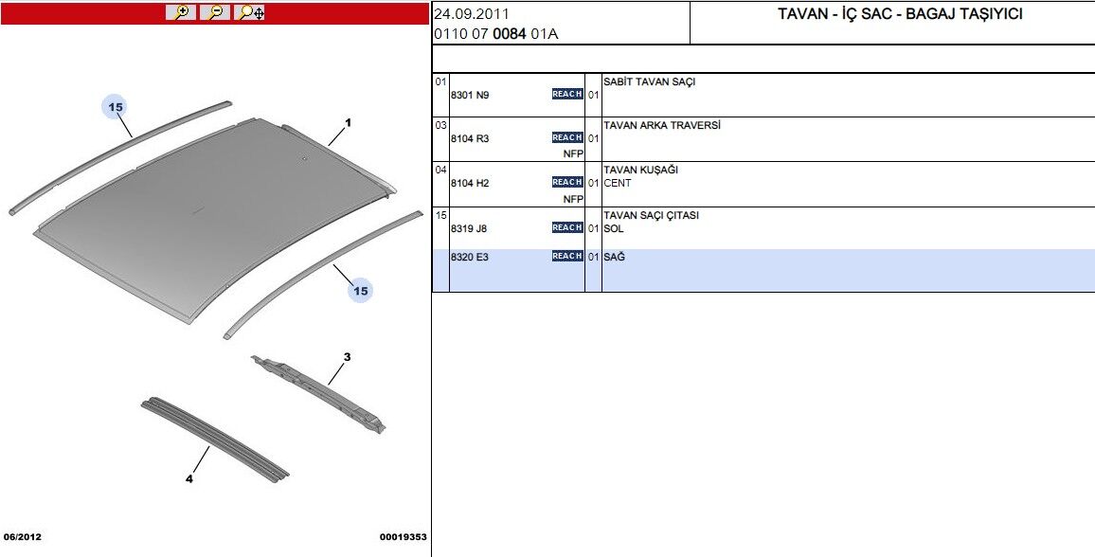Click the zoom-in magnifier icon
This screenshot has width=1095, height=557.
(x=180, y=12)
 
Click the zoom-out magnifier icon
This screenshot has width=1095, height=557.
(x=215, y=12)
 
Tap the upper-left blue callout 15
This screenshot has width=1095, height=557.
(x=116, y=107)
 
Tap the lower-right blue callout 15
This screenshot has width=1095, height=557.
(x=360, y=291)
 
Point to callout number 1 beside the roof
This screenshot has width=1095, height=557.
(x=348, y=123)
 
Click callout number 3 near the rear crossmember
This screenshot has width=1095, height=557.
(x=347, y=357)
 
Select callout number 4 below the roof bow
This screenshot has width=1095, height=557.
(x=188, y=478)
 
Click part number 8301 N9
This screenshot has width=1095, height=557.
(x=470, y=95)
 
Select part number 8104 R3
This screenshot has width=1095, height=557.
(x=470, y=138)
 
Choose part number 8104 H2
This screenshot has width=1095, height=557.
(x=470, y=183)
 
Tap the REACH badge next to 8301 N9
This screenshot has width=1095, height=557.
(x=567, y=94)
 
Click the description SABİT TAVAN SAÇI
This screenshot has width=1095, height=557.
(x=649, y=82)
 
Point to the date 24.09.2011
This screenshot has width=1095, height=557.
(x=472, y=14)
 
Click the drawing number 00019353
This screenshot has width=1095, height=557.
(x=404, y=537)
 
